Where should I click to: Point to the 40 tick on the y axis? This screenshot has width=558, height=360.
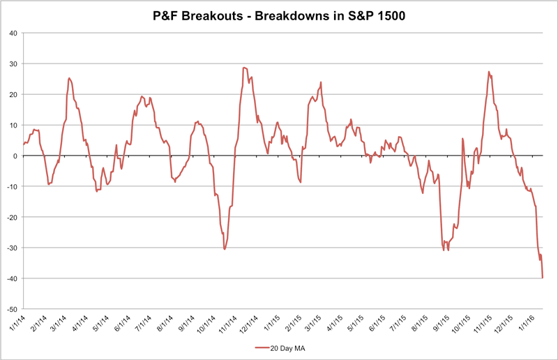[15, 33]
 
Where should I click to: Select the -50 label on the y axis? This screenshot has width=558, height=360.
[13, 309]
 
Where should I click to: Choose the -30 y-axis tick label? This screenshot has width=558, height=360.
[13, 248]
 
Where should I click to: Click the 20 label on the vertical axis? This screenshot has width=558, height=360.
[15, 94]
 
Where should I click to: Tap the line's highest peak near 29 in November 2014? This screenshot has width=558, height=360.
[244, 68]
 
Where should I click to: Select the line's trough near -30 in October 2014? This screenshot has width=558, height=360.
[225, 249]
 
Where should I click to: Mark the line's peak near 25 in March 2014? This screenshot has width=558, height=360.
[69, 78]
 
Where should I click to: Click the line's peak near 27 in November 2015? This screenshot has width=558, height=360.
[489, 72]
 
